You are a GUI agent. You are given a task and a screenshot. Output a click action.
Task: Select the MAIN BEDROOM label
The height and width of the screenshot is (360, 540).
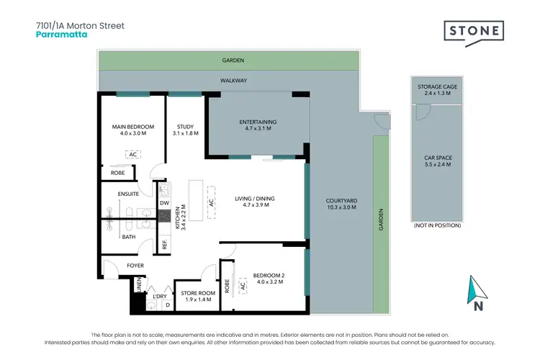pyautogui.click(x=133, y=127)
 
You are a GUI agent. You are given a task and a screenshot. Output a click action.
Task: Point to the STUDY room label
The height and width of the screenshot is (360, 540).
pyautogui.click(x=186, y=127)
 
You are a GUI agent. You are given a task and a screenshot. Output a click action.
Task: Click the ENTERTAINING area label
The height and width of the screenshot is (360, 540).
pyautogui.click(x=258, y=122)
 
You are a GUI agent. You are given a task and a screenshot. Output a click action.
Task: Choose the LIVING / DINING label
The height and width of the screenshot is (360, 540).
pyautogui.click(x=255, y=199)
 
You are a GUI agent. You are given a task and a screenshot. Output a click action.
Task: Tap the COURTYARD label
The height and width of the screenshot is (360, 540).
pyautogui.click(x=342, y=201)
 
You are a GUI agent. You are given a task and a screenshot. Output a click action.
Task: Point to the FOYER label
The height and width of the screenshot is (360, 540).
pyautogui.click(x=135, y=266)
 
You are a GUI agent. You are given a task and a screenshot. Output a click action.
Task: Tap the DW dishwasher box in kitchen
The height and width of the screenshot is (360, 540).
pyautogui.click(x=163, y=204)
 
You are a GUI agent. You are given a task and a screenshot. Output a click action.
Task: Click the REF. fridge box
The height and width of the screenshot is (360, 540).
pyautogui.click(x=164, y=243)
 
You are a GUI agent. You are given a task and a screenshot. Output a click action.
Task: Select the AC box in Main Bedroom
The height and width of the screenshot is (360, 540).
pyautogui.click(x=133, y=154)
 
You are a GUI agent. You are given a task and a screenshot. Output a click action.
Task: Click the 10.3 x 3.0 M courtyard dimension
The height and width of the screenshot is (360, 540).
pyautogui.click(x=342, y=208)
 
